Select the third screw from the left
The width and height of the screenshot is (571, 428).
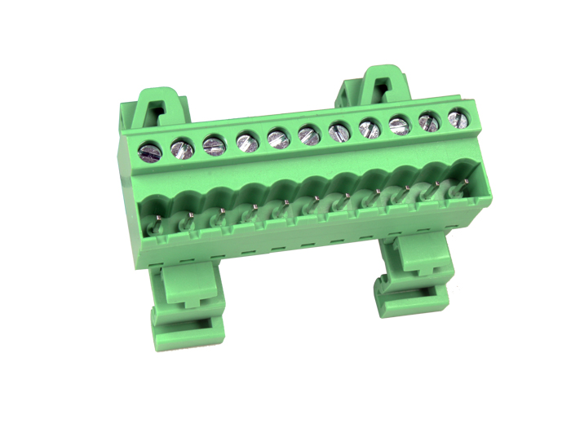point(215,145)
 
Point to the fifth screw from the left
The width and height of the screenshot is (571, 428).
point(278,138)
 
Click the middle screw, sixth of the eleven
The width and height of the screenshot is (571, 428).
point(309,134)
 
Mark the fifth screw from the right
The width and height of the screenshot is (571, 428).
point(340,130)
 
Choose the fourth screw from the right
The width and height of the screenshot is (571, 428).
point(370,127)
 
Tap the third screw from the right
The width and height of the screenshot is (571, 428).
point(399,124)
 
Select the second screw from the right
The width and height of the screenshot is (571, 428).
point(429,121)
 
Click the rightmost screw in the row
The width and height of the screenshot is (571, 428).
point(458,117)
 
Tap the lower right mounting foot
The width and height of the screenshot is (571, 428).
point(413,277)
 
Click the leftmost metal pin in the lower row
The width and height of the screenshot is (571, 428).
point(158,219)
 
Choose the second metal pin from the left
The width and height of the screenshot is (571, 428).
point(190,215)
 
